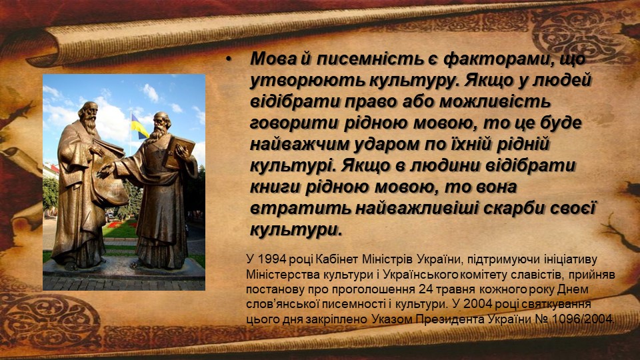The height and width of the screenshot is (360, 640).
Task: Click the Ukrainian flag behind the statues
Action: [139, 127]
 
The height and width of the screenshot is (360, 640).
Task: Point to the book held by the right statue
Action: [179, 152]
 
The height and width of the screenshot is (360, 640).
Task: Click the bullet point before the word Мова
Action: [229, 60]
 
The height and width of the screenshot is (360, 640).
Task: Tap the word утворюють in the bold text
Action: [309, 81]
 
